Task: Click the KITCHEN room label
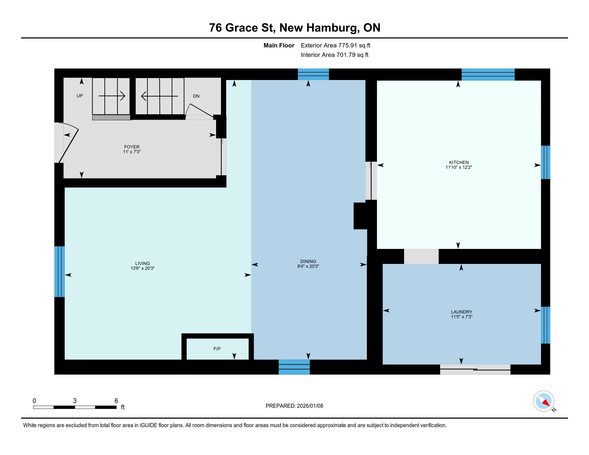click(459, 162)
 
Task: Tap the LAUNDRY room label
click(462, 312)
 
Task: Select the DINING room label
click(308, 261)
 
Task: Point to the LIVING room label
click(142, 263)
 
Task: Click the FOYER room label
click(132, 147)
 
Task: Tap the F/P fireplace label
click(217, 349)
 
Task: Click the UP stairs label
click(80, 96)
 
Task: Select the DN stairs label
click(196, 96)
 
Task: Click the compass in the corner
click(543, 401)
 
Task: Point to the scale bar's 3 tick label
click(75, 401)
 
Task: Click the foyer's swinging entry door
click(69, 143)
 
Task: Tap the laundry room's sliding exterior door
click(475, 369)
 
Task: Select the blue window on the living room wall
click(59, 271)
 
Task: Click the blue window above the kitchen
click(488, 75)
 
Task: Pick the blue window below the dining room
click(294, 367)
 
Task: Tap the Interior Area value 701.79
click(346, 55)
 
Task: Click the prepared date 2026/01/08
click(310, 406)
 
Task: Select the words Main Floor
click(279, 45)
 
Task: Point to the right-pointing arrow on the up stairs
click(112, 96)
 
